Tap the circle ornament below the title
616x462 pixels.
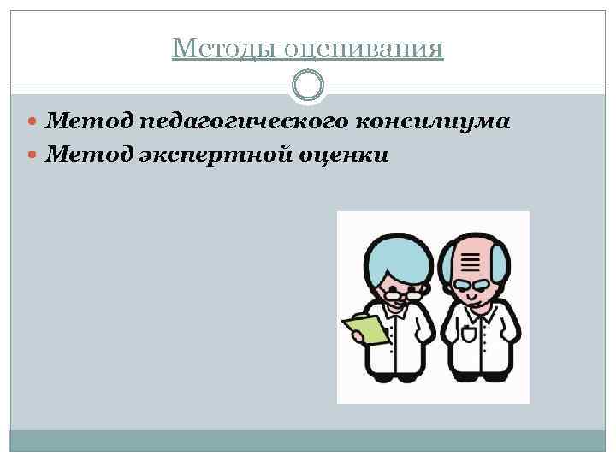point(308,86)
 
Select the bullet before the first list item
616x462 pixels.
point(35,123)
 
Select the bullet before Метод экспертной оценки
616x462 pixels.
point(35,156)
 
